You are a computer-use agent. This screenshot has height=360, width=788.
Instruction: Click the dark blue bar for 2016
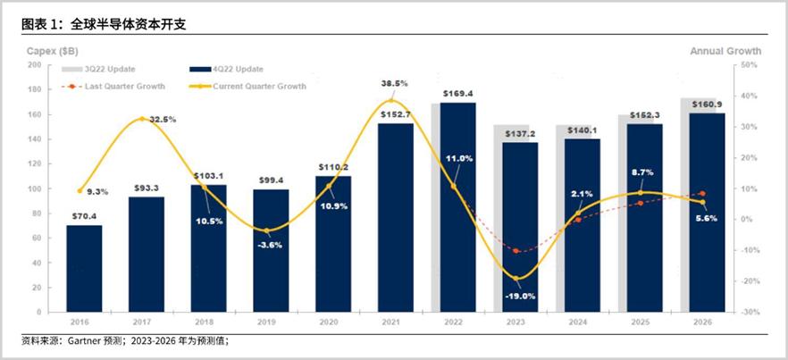(84, 268)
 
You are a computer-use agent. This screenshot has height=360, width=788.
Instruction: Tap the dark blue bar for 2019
(271, 250)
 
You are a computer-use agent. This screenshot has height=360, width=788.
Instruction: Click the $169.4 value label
(457, 93)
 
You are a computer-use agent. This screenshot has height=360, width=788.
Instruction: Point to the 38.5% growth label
(394, 83)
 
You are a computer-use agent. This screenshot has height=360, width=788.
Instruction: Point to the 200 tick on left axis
(34, 65)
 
